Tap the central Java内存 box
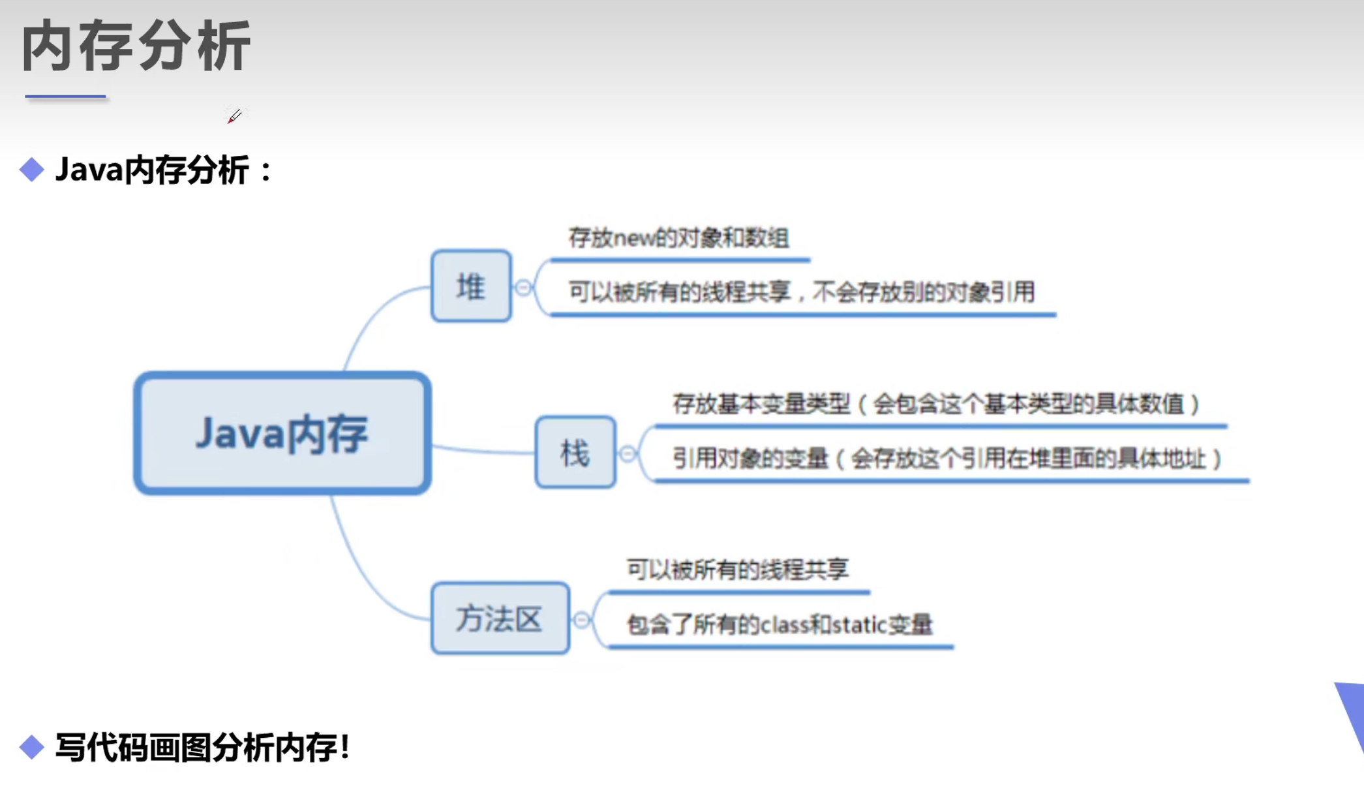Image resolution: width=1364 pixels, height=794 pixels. [282, 433]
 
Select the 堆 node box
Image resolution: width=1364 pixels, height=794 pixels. [471, 286]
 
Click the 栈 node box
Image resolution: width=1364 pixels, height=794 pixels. [575, 452]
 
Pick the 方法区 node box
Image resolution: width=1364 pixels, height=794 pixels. [500, 618]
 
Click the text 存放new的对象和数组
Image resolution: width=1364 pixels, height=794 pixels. [678, 238]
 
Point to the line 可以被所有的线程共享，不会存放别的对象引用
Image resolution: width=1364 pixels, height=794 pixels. [801, 292]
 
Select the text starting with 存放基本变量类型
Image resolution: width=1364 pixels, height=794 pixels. [936, 405]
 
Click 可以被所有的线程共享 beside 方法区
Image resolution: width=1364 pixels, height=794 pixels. [737, 570]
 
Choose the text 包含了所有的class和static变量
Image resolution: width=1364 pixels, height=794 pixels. [780, 625]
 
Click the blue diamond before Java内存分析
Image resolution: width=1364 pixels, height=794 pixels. [31, 170]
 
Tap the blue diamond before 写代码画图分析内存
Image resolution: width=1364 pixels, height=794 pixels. [31, 747]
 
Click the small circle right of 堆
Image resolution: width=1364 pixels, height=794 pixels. [523, 287]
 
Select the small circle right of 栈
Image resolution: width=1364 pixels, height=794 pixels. [628, 453]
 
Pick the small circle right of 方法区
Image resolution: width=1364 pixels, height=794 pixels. [582, 620]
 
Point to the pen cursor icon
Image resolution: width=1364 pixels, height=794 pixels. [234, 116]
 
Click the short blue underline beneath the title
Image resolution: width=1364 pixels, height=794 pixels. [65, 97]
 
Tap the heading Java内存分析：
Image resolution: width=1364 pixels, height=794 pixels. [164, 170]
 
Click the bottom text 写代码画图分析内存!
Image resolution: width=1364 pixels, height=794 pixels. [203, 748]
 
